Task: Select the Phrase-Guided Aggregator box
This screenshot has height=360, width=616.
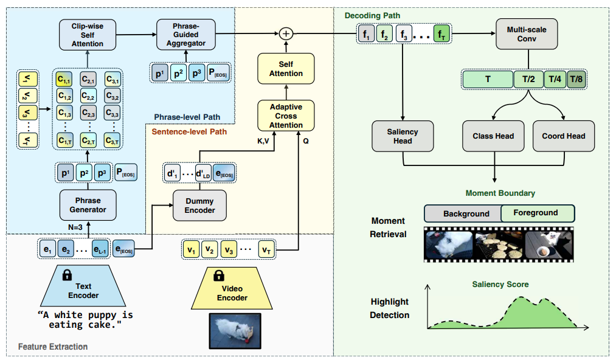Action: (185, 35)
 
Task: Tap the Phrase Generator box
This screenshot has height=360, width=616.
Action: (89, 205)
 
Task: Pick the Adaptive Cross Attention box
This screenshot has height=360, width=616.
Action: (286, 116)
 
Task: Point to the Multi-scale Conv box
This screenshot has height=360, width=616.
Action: (527, 35)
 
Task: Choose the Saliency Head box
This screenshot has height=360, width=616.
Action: (403, 136)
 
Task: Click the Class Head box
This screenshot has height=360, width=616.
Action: (493, 136)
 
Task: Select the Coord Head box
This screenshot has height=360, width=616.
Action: (563, 136)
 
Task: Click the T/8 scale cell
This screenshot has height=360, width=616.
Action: (575, 79)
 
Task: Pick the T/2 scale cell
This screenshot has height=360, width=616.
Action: (528, 79)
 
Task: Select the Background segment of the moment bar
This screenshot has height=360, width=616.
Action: (463, 213)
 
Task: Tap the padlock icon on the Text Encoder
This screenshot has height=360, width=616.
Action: (66, 275)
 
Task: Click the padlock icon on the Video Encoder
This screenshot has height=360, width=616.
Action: (218, 276)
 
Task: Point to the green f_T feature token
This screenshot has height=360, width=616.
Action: (442, 35)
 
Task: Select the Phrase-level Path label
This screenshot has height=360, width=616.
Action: (187, 117)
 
